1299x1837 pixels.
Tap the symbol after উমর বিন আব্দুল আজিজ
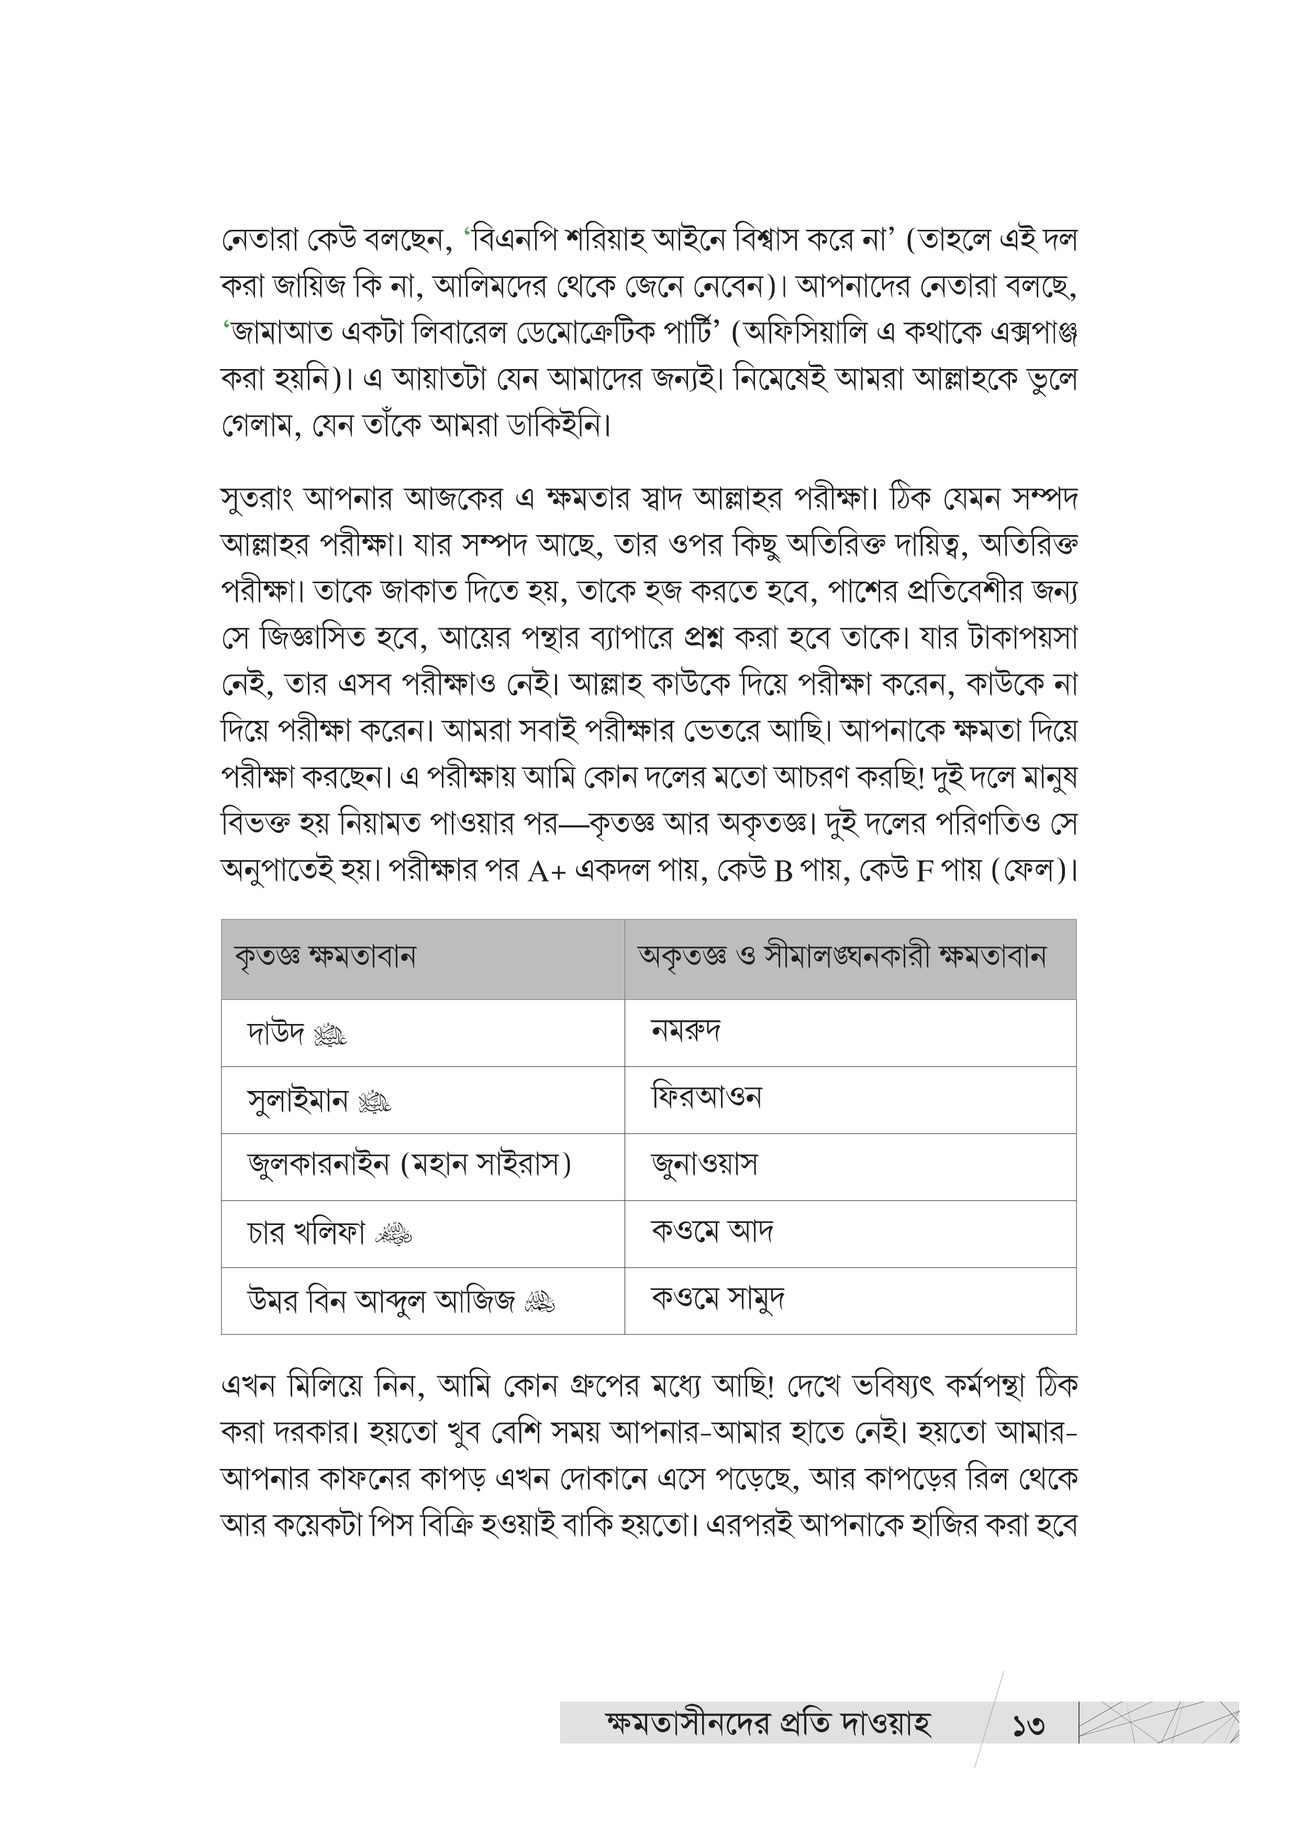coord(539,1304)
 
